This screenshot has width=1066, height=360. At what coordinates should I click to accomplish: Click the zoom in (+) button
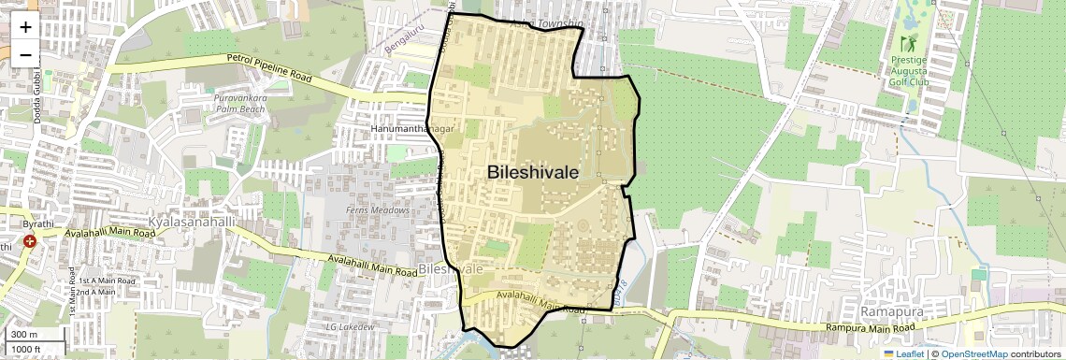(x=25, y=27)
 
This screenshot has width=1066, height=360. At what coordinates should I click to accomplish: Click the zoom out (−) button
(x=25, y=54)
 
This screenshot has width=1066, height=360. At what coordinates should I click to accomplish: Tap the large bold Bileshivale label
(x=532, y=172)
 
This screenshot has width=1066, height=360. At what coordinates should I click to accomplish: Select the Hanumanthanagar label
(x=411, y=129)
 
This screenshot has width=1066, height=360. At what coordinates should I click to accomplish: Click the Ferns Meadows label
(x=378, y=210)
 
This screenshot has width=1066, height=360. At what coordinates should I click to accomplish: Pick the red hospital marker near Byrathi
(x=30, y=241)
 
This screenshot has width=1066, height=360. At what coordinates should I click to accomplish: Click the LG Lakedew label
(x=350, y=326)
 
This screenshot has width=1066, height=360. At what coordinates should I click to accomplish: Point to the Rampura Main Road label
(x=870, y=328)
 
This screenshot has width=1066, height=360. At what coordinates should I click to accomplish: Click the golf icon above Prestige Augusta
(x=907, y=43)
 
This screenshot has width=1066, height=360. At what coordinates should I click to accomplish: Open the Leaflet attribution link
(x=904, y=353)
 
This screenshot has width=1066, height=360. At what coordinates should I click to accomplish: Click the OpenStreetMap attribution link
(x=974, y=353)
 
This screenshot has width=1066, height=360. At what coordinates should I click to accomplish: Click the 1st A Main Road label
(x=107, y=281)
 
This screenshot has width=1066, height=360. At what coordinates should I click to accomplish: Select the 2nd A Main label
(x=95, y=292)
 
